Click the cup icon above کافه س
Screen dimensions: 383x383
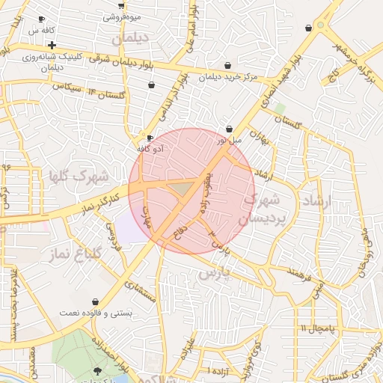pyautogui.click(x=41, y=19)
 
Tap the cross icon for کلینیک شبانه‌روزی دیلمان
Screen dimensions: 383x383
pyautogui.click(x=52, y=45)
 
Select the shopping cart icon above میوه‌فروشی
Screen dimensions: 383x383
pyautogui.click(x=121, y=5)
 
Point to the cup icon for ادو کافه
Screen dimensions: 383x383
pyautogui.click(x=150, y=138)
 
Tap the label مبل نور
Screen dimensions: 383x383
pyautogui.click(x=231, y=140)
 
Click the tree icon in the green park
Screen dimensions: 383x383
pyautogui.click(x=98, y=371)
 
